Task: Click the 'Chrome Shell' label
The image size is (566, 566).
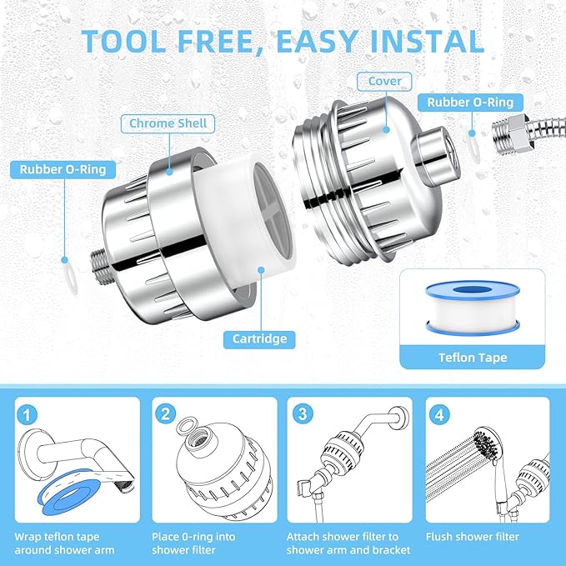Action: (x=168, y=123)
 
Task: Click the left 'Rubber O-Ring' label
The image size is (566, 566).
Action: (x=63, y=169)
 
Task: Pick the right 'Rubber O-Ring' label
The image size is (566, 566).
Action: (x=476, y=103)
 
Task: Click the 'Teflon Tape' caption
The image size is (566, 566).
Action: (x=473, y=357)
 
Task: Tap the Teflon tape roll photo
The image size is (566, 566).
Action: (x=472, y=308)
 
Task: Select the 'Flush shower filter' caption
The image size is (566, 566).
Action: (x=472, y=536)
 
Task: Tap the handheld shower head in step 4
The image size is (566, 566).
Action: (x=483, y=442)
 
